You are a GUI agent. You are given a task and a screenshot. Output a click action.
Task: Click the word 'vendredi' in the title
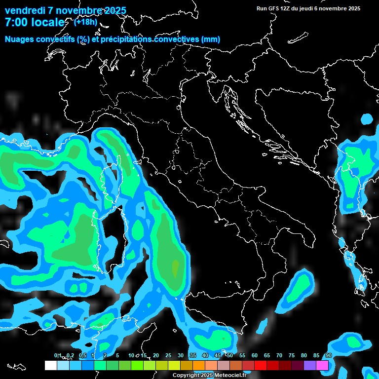25,10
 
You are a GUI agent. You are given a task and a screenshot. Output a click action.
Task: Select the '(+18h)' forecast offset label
85,22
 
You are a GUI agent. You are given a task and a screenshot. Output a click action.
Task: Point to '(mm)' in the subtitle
210,39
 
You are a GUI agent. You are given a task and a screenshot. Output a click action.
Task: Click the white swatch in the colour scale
50,365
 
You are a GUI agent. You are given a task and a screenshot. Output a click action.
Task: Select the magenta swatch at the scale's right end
322,365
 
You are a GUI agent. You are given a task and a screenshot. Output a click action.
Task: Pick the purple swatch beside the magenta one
310,365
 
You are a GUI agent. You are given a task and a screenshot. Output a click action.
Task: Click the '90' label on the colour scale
328,356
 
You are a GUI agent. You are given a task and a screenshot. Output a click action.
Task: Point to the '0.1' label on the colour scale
58,356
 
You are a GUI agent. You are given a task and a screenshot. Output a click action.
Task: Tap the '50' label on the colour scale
230,356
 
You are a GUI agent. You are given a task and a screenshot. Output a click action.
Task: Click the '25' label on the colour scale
168,356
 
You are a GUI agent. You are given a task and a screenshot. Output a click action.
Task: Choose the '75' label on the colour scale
292,356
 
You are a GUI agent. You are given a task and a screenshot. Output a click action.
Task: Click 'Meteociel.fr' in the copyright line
230,375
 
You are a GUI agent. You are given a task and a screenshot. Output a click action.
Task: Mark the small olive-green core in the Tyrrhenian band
175,267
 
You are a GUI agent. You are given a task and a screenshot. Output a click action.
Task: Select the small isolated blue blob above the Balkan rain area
367,119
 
